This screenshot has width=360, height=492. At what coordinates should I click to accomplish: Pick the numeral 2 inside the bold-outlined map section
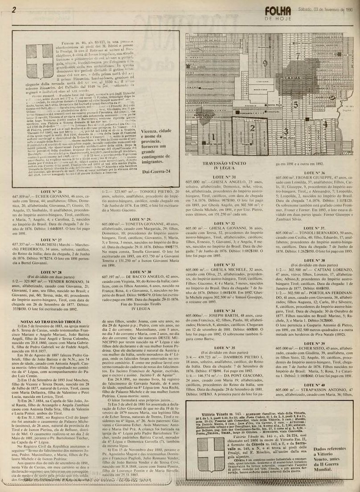tap(252, 128)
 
